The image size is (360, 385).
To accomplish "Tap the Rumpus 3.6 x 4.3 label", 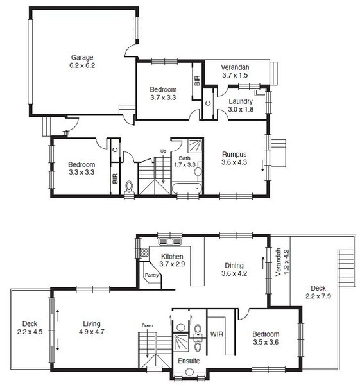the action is pos(234,158).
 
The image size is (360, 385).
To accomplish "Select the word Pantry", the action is pos(151,275).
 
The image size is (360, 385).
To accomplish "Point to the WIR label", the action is pos(217,334).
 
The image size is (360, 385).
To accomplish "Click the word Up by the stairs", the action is pos(163,151).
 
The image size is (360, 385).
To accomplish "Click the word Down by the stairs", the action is pos(148,326).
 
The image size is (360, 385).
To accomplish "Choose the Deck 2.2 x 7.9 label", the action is pos(318,292).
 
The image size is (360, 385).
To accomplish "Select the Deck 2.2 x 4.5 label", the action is pos(30,328).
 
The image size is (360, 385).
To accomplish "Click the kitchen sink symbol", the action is pos(170,242).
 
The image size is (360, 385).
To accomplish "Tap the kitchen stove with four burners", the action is pos(144,252).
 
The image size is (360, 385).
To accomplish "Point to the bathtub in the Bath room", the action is pos(187,189).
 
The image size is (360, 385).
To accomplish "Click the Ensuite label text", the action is pos(189,361).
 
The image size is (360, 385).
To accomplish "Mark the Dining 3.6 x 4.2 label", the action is pos(234,269).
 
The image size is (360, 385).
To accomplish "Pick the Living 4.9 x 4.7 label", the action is pos(92,328).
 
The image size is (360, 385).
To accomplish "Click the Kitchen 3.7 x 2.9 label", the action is pos(172,261).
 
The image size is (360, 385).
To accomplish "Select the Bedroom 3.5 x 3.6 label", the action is pos(266,338).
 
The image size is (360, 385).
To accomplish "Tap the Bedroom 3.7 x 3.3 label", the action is pos(163,94).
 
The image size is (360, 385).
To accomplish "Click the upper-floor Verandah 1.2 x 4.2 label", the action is pos(282,262).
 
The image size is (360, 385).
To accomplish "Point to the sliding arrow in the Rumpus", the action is pos(262,166).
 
